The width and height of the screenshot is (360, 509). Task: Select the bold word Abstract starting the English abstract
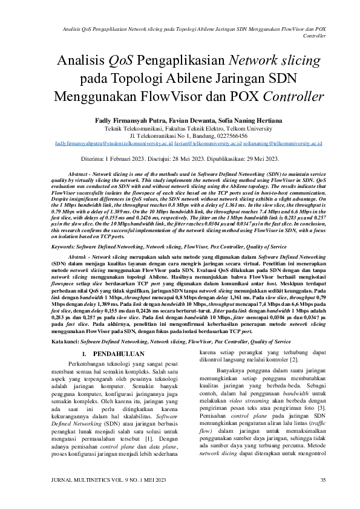point(80,173)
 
